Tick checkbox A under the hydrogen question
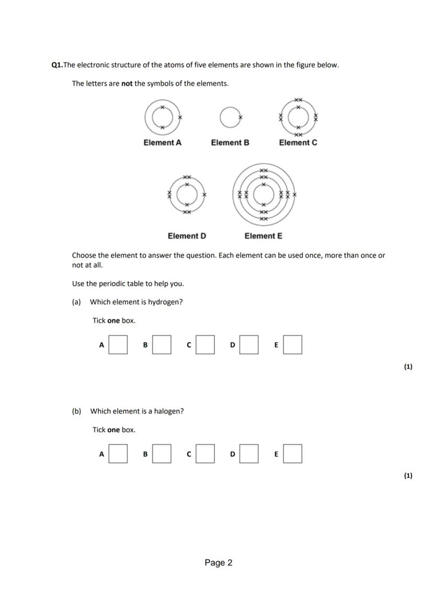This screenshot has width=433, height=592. coord(118,345)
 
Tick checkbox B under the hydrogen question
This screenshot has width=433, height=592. coord(162,345)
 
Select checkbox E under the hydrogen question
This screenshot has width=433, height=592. coord(292,345)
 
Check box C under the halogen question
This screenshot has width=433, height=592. coord(205,454)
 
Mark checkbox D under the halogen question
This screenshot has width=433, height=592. coord(249,454)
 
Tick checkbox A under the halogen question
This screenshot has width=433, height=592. coord(118,454)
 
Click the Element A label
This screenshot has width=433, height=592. coord(163,142)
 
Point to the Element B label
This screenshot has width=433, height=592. coord(230,142)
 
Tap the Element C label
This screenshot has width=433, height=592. coord(298,142)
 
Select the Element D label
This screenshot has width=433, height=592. coord(187,236)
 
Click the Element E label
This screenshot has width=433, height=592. coord(263,236)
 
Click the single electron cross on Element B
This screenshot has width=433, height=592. coord(241,117)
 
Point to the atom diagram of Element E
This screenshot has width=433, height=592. coord(264,194)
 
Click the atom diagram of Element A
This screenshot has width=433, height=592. coord(163,118)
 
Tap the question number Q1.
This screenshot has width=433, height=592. coord(57,65)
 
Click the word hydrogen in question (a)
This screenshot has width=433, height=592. coord(165,302)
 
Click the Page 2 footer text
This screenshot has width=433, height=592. coord(219,563)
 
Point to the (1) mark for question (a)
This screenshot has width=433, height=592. coord(408,366)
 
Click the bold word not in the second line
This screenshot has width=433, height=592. coord(127,84)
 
